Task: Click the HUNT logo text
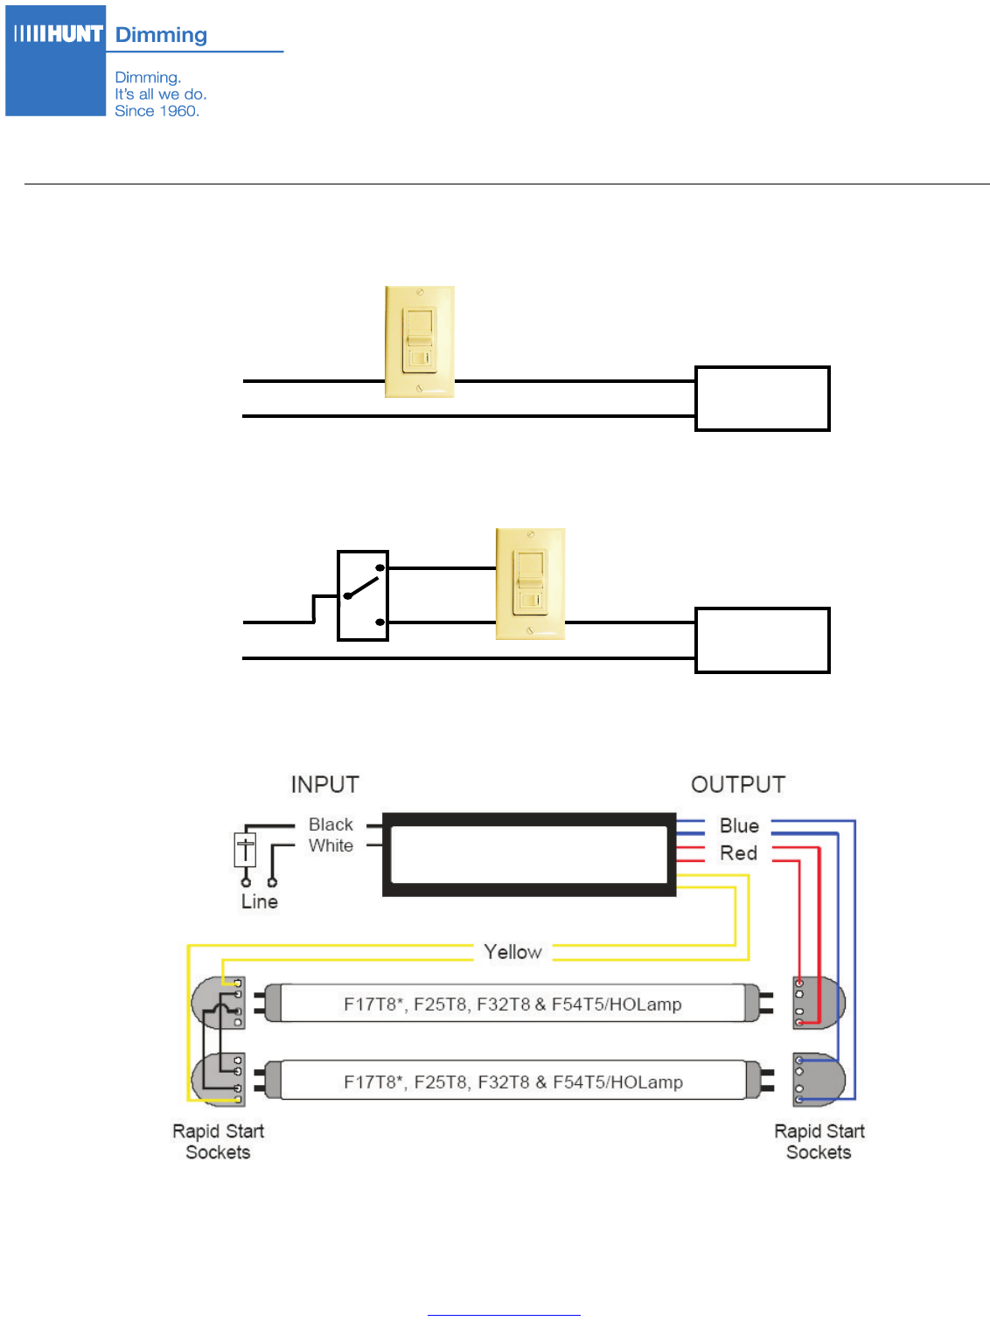coord(59,34)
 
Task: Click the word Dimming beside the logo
coord(161,35)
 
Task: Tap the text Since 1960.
coord(157,111)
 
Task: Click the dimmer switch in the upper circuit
coord(420,342)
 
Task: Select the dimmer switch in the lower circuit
coord(530,584)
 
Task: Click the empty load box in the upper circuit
coord(762,399)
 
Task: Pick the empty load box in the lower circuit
coord(762,640)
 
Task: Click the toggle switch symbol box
coord(363,595)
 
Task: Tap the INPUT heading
coord(324,784)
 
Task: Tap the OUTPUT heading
coord(738,784)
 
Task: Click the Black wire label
coord(331,824)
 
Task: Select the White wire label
coord(331,845)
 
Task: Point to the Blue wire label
coord(739,825)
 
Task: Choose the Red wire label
coord(738,853)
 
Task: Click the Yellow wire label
coord(512,952)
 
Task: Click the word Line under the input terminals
coord(260,901)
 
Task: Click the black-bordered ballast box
coord(529,855)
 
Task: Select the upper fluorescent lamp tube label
coord(512,1004)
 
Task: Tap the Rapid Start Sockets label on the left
coord(218,1142)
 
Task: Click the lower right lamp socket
coord(818,1080)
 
